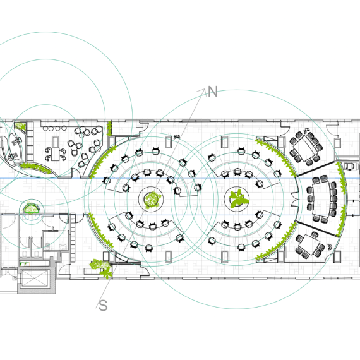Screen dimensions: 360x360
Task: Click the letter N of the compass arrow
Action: pos(213,92)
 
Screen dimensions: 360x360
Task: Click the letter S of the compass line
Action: pos(103,306)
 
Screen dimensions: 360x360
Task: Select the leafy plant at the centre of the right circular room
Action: pos(239,199)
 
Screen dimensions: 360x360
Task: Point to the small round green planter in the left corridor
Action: pos(32,208)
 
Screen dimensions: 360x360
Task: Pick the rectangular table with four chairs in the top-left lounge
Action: pos(56,154)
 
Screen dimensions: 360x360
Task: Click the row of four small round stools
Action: pos(55,128)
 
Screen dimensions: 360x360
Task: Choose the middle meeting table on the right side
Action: pos(322,199)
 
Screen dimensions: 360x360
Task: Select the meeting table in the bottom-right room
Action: pos(309,244)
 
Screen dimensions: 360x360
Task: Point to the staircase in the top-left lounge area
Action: pos(30,141)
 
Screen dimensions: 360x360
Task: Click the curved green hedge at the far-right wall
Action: pos(342,199)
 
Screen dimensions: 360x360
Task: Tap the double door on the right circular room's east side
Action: pos(295,200)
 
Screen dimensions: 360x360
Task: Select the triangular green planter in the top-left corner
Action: pos(21,126)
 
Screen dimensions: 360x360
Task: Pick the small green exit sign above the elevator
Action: pos(24,264)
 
